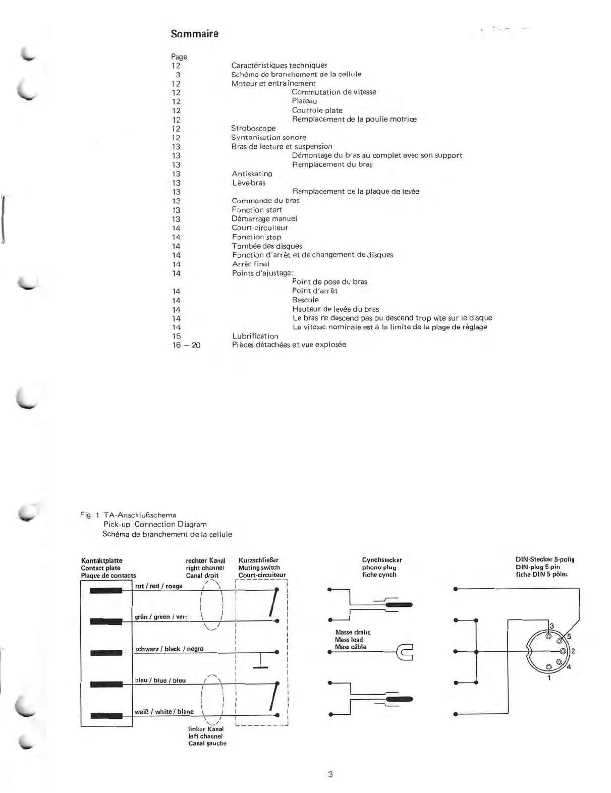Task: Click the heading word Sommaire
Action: pyautogui.click(x=194, y=34)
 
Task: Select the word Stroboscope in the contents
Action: pyautogui.click(x=253, y=128)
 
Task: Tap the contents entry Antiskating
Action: pyautogui.click(x=252, y=174)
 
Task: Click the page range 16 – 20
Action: pyautogui.click(x=186, y=345)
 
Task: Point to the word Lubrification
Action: pyautogui.click(x=255, y=336)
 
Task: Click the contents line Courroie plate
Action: pyautogui.click(x=317, y=110)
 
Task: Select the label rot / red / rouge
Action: pyautogui.click(x=159, y=586)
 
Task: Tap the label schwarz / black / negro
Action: pyautogui.click(x=169, y=649)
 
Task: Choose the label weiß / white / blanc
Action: pyautogui.click(x=164, y=711)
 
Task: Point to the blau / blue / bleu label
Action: pyautogui.click(x=160, y=680)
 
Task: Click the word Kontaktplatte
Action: pyautogui.click(x=101, y=560)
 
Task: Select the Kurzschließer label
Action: pyautogui.click(x=258, y=560)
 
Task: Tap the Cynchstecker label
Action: pyautogui.click(x=382, y=560)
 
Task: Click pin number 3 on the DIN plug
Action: pyautogui.click(x=551, y=626)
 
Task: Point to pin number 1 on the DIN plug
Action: pyautogui.click(x=549, y=678)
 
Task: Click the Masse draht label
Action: pyautogui.click(x=353, y=632)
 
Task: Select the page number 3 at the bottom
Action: pyautogui.click(x=330, y=774)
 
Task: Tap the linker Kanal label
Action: pyautogui.click(x=206, y=729)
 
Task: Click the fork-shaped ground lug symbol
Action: pyautogui.click(x=405, y=652)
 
